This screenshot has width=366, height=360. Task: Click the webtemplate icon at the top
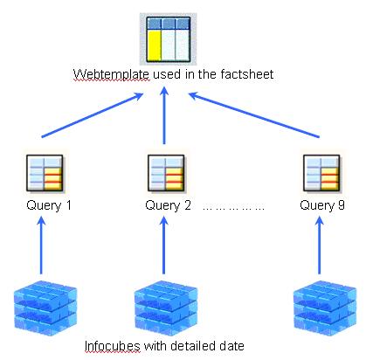pos(165,38)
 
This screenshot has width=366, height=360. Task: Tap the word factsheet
pos(247,76)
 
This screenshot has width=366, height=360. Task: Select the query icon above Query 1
pos(44,173)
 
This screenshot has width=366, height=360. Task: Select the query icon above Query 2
pos(164,173)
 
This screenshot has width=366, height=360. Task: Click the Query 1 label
pos(47,206)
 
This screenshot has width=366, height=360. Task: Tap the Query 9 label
pos(322,206)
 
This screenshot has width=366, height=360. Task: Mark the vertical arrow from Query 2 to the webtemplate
pos(165,118)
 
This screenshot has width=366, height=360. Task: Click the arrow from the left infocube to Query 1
pos(43,249)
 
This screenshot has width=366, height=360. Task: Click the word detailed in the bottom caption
pos(193,346)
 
